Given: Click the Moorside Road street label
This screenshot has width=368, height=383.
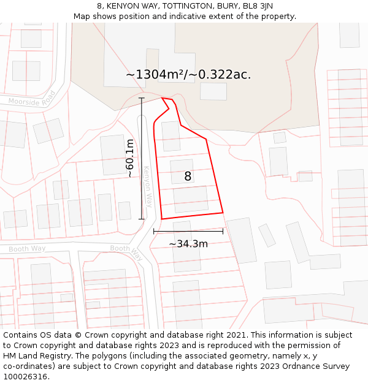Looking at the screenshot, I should tap(32, 99).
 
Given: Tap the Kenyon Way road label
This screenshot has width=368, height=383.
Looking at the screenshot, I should tap(148, 186).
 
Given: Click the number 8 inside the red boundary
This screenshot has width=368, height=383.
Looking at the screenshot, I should tap(188, 176).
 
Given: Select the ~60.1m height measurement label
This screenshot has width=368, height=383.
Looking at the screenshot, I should tap(130, 158).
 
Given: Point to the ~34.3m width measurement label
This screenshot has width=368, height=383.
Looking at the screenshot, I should tap(188, 243).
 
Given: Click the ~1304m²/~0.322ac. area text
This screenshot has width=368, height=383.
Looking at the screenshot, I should tap(188, 75).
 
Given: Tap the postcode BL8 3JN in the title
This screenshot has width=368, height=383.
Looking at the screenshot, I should tap(258, 6).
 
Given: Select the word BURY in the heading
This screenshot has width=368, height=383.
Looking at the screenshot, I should tap(228, 6).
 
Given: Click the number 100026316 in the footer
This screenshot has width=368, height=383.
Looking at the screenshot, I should tap(26, 376).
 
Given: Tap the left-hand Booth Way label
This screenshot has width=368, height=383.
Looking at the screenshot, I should tap(27, 249).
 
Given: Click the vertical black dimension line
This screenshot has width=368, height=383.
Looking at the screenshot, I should tap(142, 158).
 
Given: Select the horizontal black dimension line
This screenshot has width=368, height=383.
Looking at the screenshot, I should tap(188, 231).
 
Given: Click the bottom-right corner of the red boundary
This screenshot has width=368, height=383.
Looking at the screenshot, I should tap(223, 213).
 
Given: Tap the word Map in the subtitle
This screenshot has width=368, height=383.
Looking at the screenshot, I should tap(82, 17).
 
